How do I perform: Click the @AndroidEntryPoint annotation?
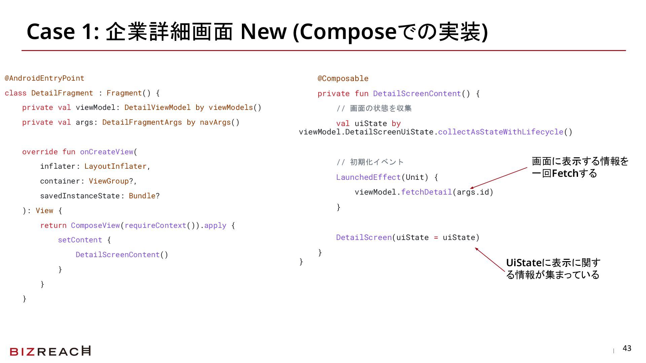tap(44, 78)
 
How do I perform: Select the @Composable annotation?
tap(343, 79)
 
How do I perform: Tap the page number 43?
tap(627, 348)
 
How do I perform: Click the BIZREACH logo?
tap(50, 351)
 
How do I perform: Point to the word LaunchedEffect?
tap(368, 177)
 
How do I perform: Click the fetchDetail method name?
tap(426, 192)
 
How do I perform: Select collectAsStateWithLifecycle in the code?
tap(500, 132)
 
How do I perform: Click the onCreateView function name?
tap(107, 152)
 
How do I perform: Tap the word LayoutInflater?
tap(115, 166)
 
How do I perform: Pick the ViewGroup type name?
tap(109, 181)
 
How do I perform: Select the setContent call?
tap(80, 240)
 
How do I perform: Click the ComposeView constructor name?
tap(95, 225)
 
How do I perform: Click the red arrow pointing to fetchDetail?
tap(499, 178)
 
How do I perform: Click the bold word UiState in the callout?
tap(524, 263)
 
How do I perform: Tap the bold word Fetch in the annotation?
tap(565, 173)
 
